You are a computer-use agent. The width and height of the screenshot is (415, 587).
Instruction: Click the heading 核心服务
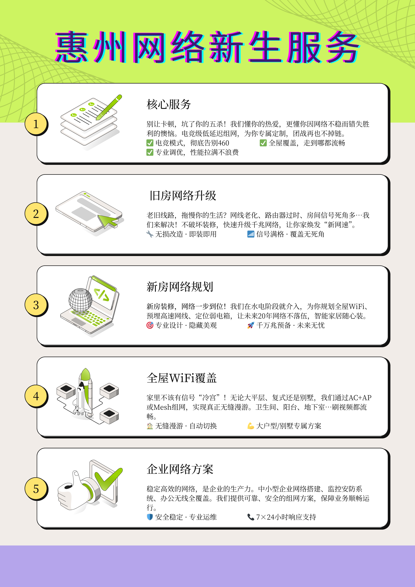coord(169,104)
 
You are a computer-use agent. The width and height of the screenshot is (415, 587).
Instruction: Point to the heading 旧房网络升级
coord(183,196)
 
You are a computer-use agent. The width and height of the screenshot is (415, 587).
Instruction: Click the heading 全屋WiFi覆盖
coord(182,378)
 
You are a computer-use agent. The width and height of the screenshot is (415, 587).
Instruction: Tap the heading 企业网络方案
coord(180,469)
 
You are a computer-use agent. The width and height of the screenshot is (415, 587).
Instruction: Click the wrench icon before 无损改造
coord(150,234)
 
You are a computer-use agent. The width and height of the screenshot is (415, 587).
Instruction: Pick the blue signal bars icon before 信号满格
coord(251,234)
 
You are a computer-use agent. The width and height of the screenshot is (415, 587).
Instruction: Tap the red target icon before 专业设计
coord(150,325)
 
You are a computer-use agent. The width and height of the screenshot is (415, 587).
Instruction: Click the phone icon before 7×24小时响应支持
coord(251,517)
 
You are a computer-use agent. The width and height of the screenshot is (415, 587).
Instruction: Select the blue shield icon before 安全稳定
coord(150,517)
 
